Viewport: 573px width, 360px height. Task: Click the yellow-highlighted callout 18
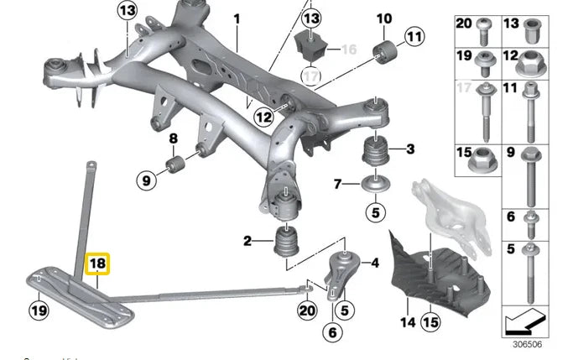pos(98,263)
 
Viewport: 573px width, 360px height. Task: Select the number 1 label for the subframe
pos(237,18)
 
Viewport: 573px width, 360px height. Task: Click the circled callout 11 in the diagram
pos(414,35)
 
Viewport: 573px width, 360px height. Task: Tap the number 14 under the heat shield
pos(407,321)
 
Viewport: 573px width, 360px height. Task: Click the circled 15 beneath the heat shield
pos(430,321)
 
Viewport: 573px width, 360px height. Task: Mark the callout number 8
pos(174,138)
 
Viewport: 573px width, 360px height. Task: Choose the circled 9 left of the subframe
pos(145,178)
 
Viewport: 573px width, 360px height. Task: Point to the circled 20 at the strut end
pos(307,310)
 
